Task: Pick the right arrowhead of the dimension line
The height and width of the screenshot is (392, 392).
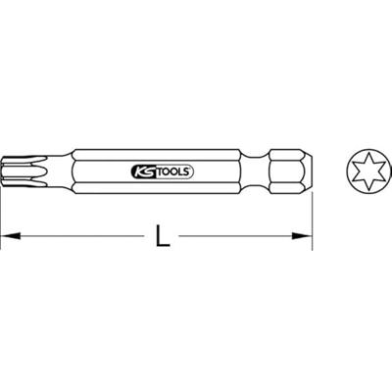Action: [x=305, y=236]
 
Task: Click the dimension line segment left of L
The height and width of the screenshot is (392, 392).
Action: [x=78, y=236]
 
